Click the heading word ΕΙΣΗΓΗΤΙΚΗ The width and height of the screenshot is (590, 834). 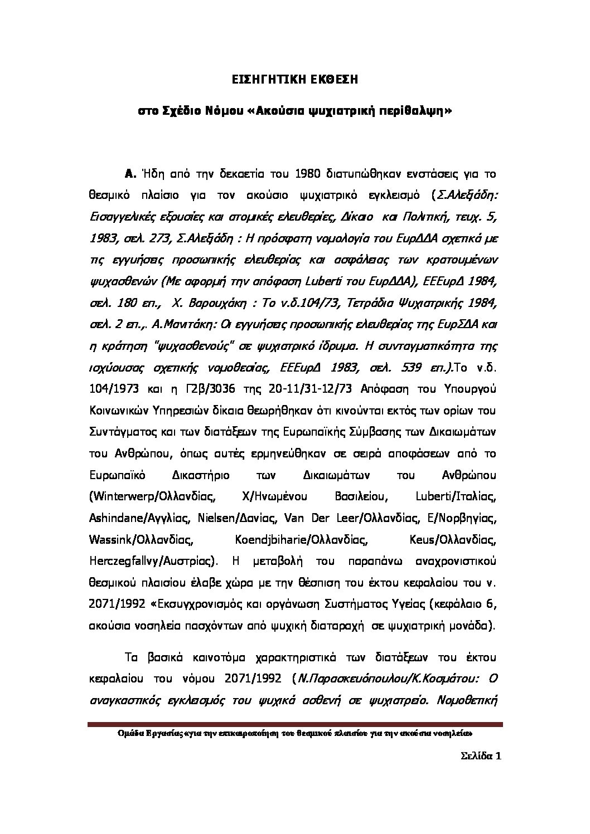click(265, 80)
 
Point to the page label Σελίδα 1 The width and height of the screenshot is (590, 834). click(482, 757)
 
